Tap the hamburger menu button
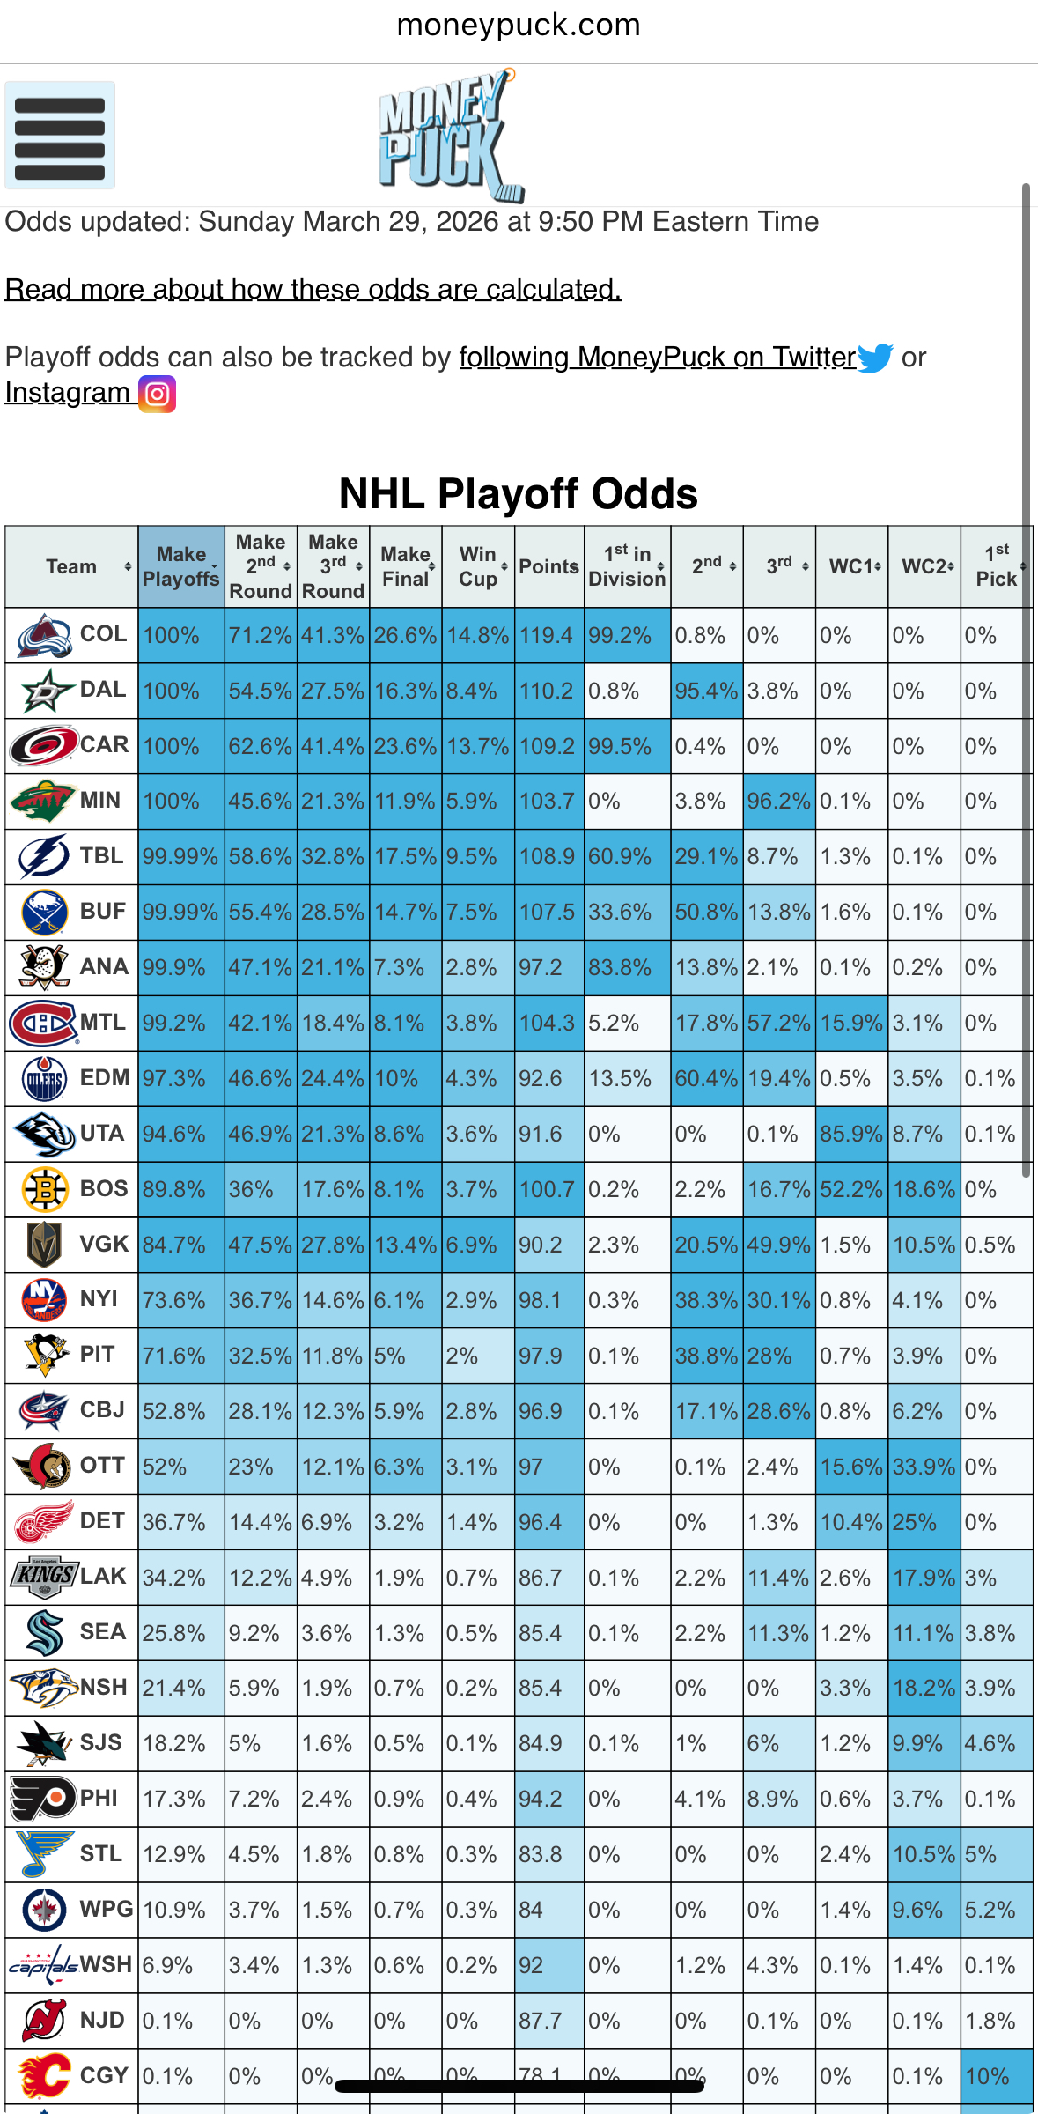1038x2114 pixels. [x=60, y=136]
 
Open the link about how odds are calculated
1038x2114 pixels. [x=313, y=289]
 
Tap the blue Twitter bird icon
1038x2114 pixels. [x=875, y=358]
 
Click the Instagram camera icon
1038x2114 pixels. [x=158, y=394]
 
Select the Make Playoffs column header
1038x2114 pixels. [x=180, y=566]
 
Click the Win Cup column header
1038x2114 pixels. [x=478, y=566]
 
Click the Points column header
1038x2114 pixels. [x=548, y=566]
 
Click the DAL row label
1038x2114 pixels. [x=103, y=690]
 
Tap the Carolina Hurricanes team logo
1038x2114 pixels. [x=42, y=745]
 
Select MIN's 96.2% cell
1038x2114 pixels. [x=778, y=802]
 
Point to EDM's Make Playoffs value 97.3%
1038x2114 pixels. [x=174, y=1078]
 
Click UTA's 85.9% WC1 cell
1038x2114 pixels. [x=850, y=1134]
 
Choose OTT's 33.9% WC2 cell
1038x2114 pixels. [x=924, y=1467]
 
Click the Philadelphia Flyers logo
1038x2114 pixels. [x=42, y=1799]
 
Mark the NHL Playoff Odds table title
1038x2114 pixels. [x=519, y=494]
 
